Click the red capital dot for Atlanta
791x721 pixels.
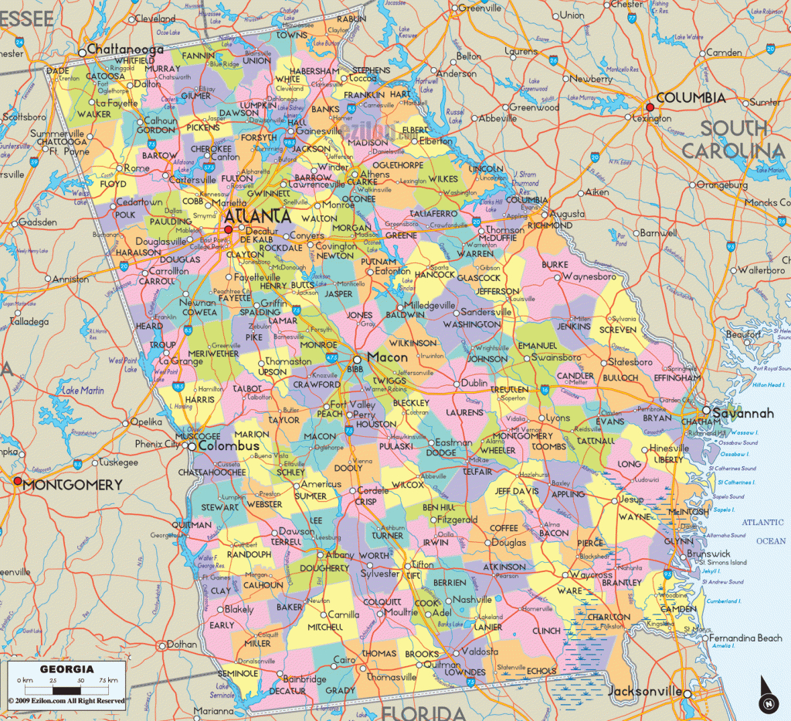pyautogui.click(x=228, y=229)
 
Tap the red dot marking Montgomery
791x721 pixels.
pyautogui.click(x=17, y=482)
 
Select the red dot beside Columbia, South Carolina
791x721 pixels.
pyautogui.click(x=650, y=107)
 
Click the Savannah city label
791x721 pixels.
pyautogui.click(x=742, y=414)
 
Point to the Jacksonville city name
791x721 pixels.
pyautogui.click(x=645, y=691)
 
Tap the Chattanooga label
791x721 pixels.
pyautogui.click(x=125, y=49)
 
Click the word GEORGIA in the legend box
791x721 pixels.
pyautogui.click(x=68, y=669)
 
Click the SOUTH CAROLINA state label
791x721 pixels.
pyautogui.click(x=734, y=139)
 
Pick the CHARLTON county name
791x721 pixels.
pyautogui.click(x=608, y=617)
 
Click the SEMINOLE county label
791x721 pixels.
pyautogui.click(x=239, y=673)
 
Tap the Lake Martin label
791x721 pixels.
pyautogui.click(x=83, y=391)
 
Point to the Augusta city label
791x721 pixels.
pyautogui.click(x=567, y=213)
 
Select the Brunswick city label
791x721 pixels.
pyautogui.click(x=708, y=553)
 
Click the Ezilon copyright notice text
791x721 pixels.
pyautogui.click(x=66, y=701)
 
